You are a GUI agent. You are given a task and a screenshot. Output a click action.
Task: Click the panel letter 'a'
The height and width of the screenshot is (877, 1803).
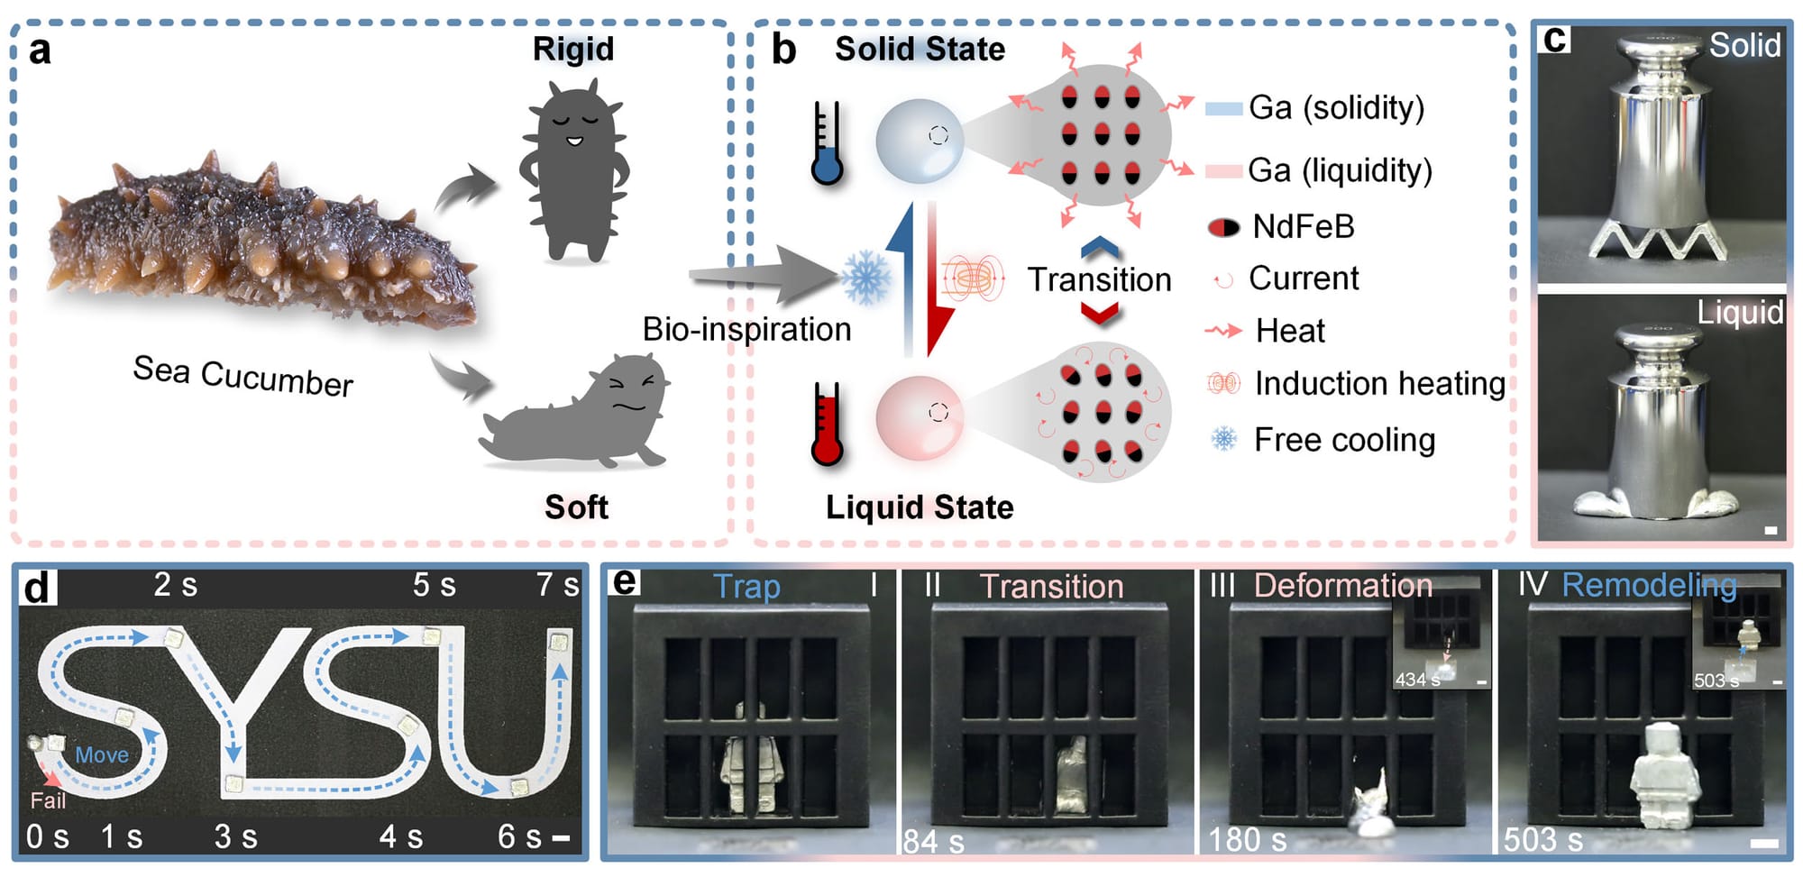point(40,51)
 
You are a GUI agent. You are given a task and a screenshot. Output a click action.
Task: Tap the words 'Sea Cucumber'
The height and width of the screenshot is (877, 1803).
point(243,375)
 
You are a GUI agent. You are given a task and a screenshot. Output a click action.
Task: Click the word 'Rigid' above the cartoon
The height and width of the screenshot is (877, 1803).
point(573,49)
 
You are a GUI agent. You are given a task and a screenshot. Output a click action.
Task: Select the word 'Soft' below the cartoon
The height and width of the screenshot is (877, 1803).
point(576,507)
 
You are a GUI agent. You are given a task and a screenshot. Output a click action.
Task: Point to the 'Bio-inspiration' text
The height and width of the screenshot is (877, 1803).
point(746,329)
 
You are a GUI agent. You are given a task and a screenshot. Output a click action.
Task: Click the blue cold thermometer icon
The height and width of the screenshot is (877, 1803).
point(826,144)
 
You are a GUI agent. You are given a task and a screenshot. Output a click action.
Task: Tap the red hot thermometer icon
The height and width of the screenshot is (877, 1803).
point(826,424)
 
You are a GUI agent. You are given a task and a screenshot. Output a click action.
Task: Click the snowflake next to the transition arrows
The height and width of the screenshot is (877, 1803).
point(865,278)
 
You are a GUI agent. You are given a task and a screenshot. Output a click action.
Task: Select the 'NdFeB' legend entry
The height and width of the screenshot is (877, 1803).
point(1303,226)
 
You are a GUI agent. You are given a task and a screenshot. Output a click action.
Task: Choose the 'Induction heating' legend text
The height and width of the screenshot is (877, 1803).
point(1379,384)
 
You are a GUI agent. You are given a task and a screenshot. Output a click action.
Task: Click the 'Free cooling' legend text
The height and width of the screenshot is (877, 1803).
point(1344,440)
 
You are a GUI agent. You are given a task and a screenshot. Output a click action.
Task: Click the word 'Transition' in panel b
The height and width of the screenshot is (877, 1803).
point(1099,279)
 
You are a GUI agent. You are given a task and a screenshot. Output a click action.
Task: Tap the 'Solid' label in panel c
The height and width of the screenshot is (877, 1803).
point(1744,45)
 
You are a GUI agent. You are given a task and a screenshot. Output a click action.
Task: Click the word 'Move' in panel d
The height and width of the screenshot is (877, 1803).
point(102,754)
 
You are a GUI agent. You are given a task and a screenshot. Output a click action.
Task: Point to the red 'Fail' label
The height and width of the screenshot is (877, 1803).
point(48,799)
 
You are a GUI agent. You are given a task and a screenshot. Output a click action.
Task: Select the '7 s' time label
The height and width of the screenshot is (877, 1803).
point(557,585)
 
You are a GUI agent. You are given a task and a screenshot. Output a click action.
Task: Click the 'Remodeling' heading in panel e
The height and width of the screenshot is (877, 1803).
point(1649,585)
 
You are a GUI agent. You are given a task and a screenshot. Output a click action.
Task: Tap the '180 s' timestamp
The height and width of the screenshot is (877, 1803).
point(1247,839)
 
